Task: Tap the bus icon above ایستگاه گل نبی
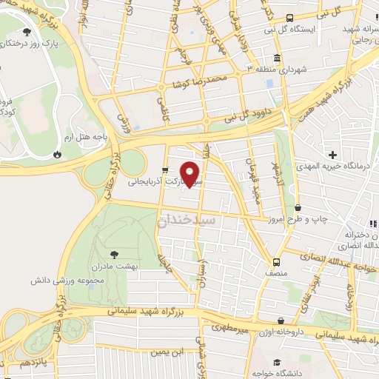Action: coord(289,18)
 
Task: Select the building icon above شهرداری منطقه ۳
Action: coord(277,58)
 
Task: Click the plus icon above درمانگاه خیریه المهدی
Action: coord(333,155)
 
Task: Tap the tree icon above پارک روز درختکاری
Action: coord(27,32)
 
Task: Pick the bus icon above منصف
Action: coord(276,262)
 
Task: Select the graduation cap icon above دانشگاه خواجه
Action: coord(277,363)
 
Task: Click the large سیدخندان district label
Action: coord(187,221)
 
